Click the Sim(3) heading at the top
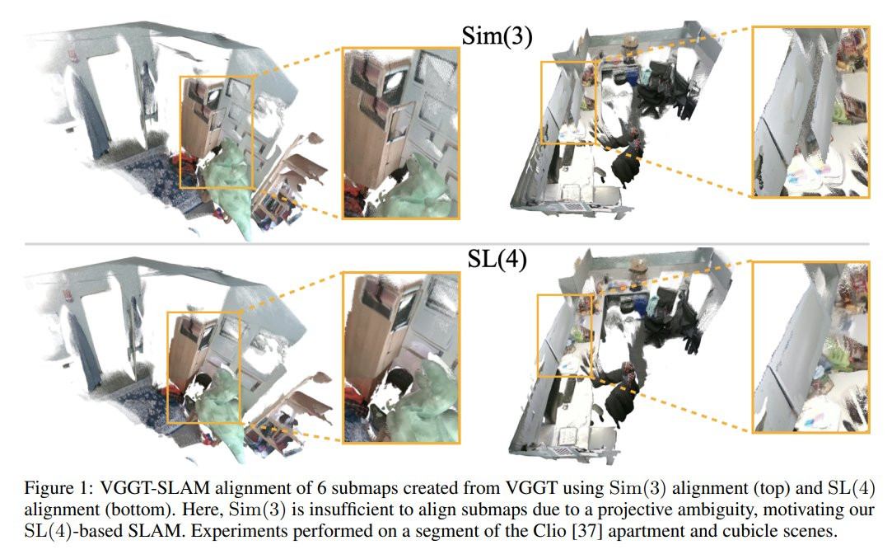pos(497,35)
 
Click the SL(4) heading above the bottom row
pos(497,260)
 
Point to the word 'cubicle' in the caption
pos(752,531)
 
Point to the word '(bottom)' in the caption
pos(135,510)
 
